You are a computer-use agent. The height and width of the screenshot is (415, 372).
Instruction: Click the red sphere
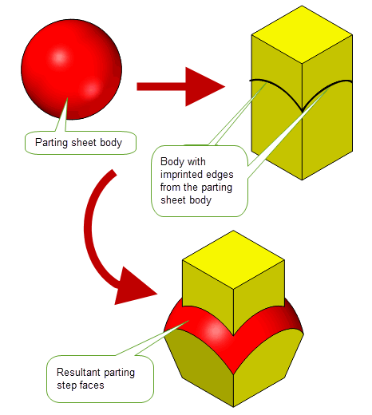point(71,69)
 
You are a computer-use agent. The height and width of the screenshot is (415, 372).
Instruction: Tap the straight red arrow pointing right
point(181,87)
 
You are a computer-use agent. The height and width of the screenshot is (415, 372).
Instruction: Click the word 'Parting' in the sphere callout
point(52,143)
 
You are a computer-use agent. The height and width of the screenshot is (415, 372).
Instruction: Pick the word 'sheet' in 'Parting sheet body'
point(84,143)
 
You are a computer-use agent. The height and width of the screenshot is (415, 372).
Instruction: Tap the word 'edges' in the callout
point(216,175)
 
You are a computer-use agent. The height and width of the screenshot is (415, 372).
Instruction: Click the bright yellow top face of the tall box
point(302,34)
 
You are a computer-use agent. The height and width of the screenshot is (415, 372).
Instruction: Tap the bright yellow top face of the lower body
point(233,259)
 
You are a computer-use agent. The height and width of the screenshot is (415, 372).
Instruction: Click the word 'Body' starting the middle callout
point(170,162)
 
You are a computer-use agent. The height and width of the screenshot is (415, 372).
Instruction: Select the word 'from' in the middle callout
point(170,188)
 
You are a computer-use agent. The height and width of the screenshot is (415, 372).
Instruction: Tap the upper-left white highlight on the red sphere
point(59,57)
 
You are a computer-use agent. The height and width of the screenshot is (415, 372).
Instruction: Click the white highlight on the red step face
point(215,330)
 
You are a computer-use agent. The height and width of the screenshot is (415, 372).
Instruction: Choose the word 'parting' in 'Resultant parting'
point(120,373)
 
